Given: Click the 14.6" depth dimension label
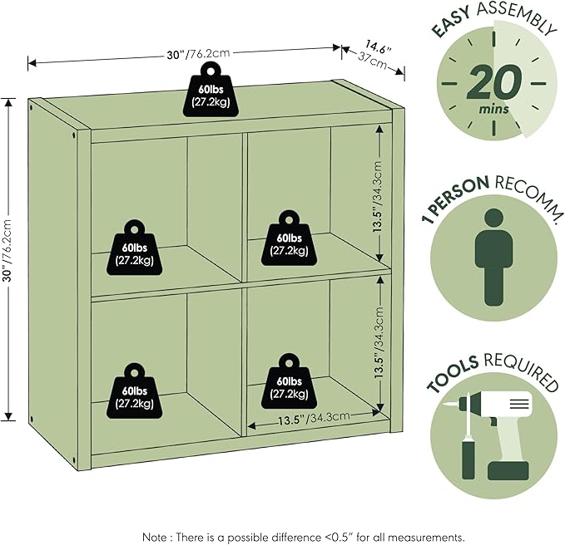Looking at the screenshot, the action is (379, 47).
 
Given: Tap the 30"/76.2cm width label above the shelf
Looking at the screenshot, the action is (198, 54).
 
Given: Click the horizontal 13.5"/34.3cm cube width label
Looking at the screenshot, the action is (314, 418).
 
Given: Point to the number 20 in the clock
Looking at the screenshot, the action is (494, 82).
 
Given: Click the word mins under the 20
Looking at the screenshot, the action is (493, 108).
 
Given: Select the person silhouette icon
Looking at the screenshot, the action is (493, 258).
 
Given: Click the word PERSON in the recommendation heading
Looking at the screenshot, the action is (458, 194).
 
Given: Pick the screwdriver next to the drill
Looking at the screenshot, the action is (468, 437).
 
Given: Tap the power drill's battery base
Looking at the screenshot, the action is (508, 471).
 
